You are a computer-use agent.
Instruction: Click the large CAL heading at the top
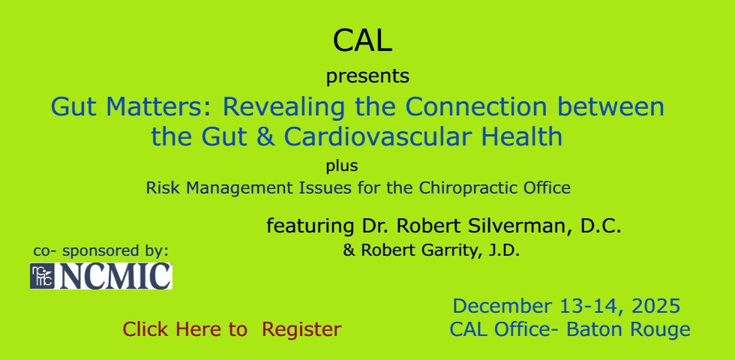(362, 40)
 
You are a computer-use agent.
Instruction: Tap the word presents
(367, 76)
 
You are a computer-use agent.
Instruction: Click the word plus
(342, 166)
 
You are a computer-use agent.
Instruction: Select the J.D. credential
(504, 250)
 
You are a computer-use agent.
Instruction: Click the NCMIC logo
(101, 276)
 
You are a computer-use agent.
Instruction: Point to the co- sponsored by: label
(100, 250)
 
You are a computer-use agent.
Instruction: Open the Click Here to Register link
(232, 329)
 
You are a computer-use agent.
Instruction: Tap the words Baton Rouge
(628, 329)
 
